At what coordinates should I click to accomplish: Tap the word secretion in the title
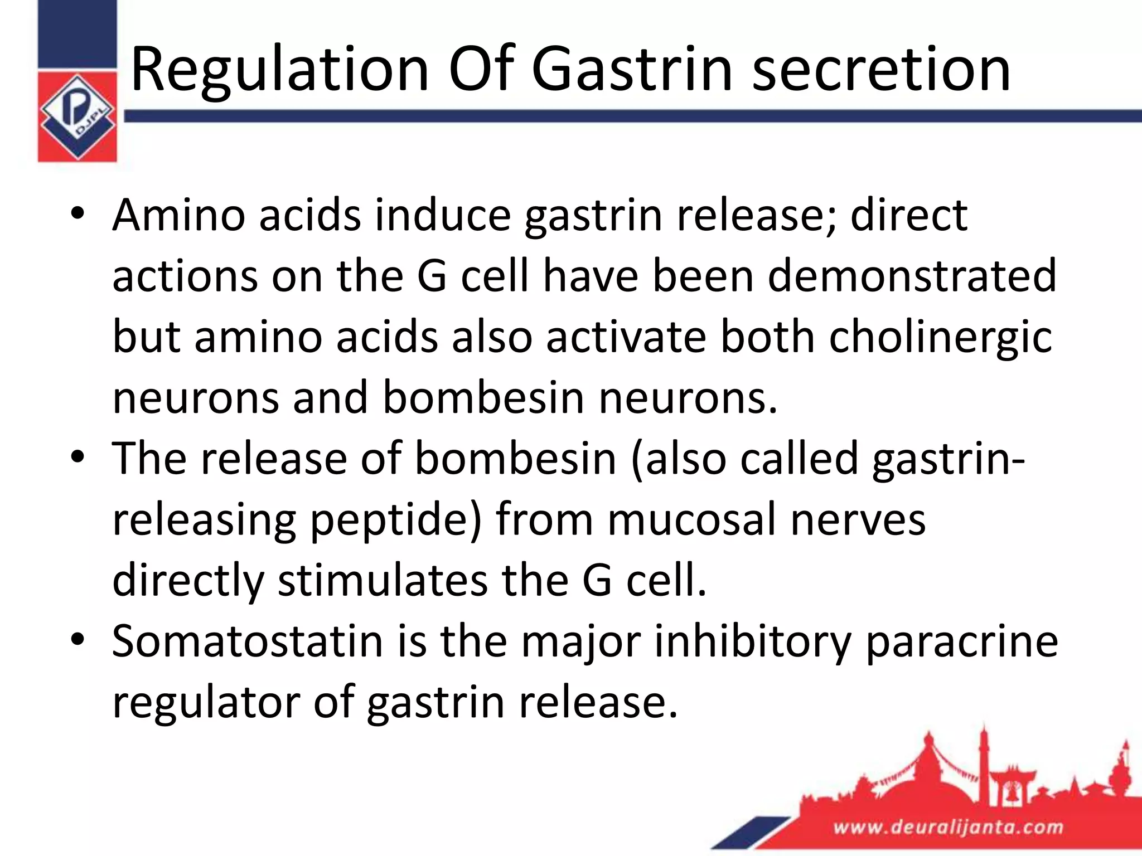click(x=881, y=70)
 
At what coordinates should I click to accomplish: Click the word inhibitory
click(x=752, y=641)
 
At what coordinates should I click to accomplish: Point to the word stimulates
click(x=383, y=580)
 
